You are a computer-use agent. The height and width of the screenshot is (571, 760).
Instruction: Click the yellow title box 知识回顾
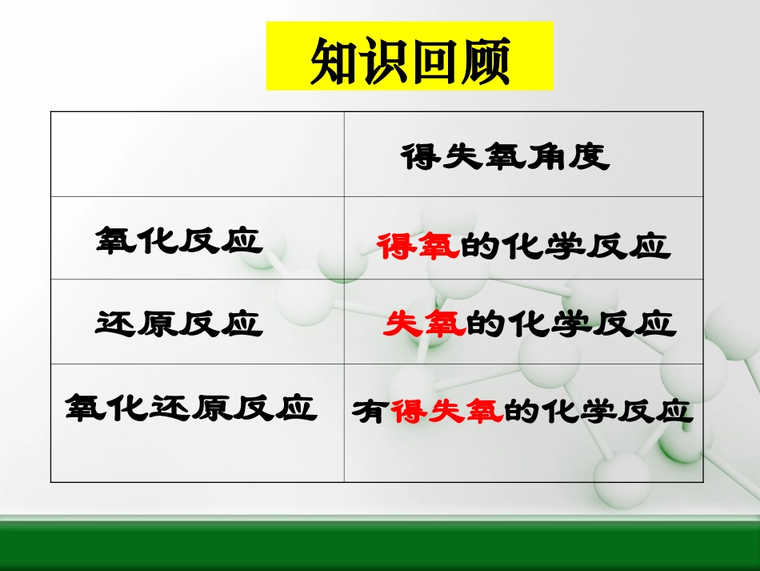409,56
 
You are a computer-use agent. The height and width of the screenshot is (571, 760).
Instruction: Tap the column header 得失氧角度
505,157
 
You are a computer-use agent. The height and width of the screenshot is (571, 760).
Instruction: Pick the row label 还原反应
179,323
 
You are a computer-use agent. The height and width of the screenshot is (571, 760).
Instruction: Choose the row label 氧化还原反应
190,408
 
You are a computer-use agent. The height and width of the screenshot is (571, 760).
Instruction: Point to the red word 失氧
424,324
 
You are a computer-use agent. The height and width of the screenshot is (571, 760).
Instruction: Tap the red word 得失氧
446,411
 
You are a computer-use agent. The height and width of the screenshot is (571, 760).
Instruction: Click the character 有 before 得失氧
370,412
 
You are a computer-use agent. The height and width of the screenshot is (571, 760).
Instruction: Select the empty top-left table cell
197,155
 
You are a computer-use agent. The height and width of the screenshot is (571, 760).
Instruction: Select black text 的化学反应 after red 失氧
570,324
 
